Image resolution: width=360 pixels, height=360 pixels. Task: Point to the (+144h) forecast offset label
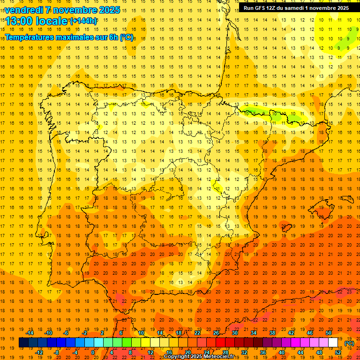click(x=83, y=21)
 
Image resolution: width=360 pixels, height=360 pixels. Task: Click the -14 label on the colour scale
click(x=30, y=333)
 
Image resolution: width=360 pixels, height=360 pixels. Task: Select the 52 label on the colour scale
click(x=338, y=352)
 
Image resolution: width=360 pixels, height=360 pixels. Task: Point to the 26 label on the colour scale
click(x=216, y=333)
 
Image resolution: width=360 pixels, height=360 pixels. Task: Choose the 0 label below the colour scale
click(x=93, y=352)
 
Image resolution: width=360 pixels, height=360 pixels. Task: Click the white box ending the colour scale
click(x=333, y=343)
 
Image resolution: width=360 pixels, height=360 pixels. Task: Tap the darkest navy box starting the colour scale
click(x=23, y=343)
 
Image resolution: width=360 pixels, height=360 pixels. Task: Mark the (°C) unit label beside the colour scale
click(x=349, y=343)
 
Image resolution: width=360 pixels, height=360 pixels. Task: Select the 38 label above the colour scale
click(x=272, y=333)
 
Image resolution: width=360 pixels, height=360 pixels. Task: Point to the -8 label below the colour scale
click(x=56, y=352)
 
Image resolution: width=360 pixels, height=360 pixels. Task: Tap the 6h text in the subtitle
click(x=113, y=37)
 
